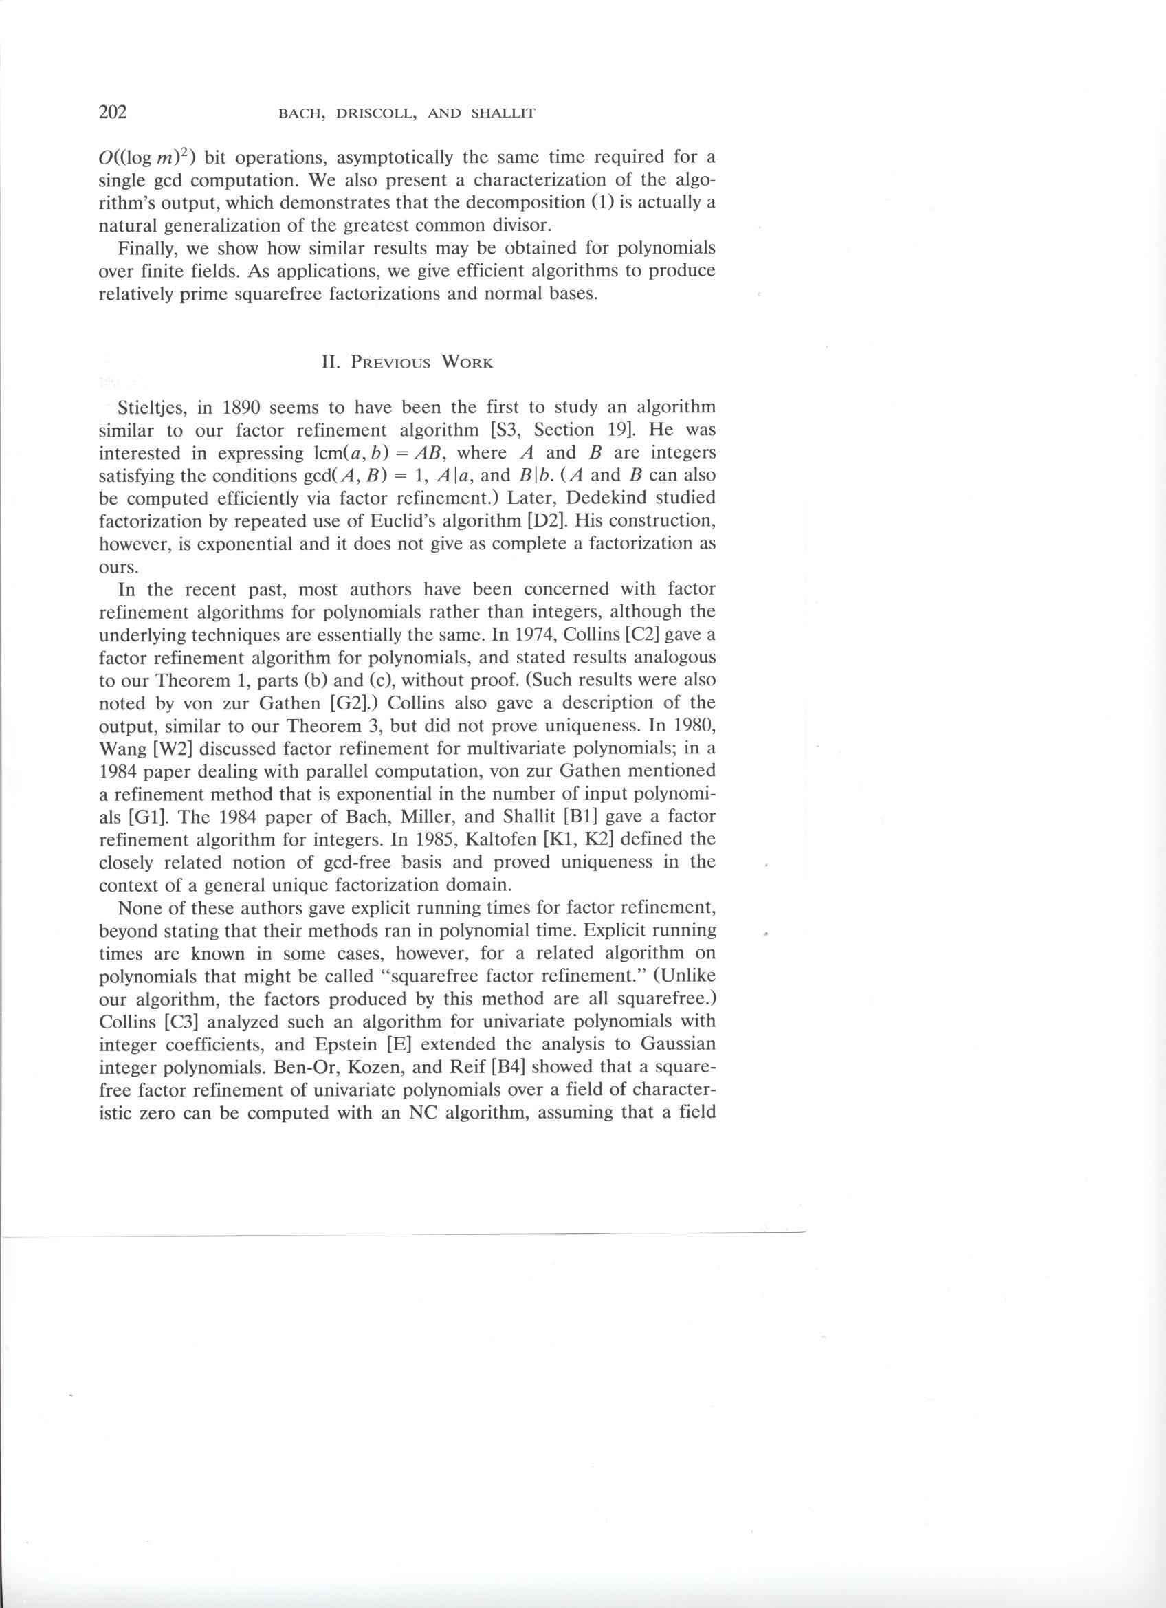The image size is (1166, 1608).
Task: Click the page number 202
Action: (x=113, y=113)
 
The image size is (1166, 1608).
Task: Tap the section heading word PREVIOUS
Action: (x=391, y=363)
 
